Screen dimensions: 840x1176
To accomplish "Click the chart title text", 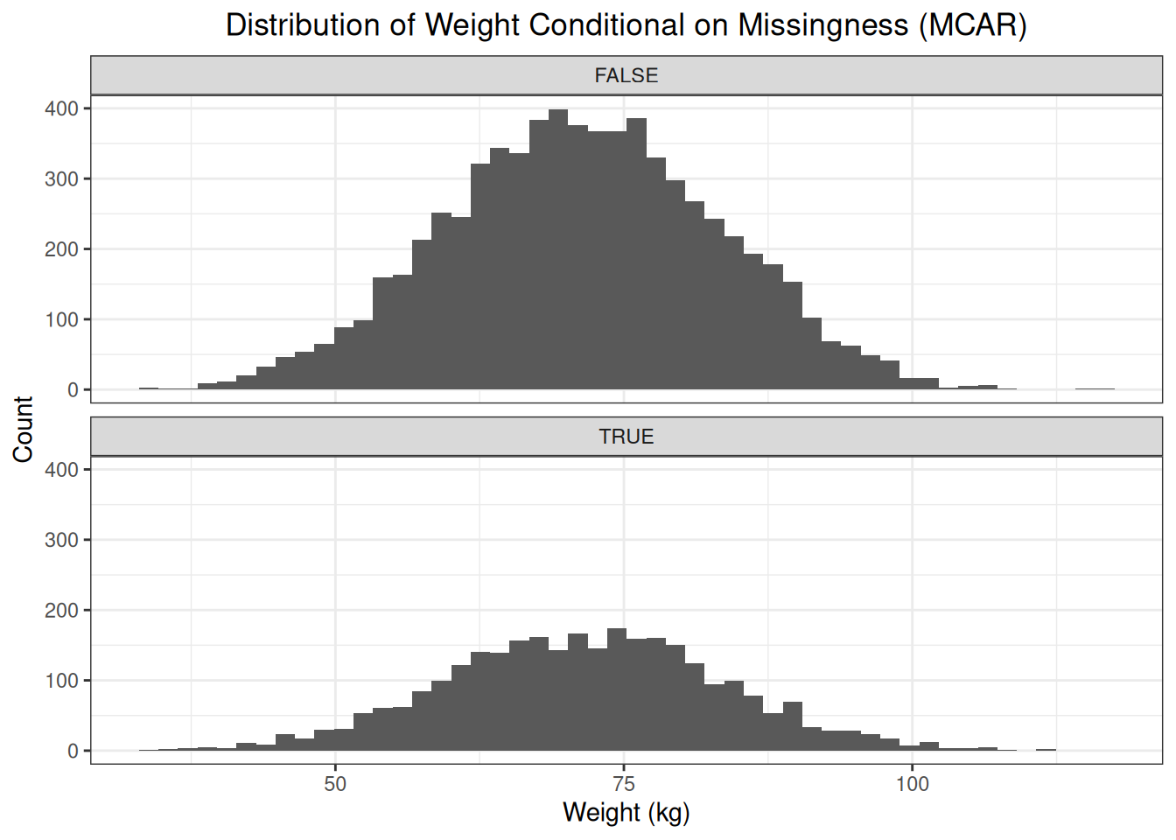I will coord(626,24).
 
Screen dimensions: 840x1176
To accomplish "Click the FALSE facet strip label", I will coord(626,75).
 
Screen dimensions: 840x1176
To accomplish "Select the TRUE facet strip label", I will coord(626,437).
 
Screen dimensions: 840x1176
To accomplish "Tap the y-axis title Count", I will coord(23,429).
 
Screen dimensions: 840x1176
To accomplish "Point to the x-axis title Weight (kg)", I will coord(626,812).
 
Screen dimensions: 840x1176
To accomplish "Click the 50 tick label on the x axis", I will coord(335,784).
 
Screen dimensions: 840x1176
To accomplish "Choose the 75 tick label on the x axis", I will coord(624,784).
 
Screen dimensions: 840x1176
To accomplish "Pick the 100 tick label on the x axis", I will coord(912,784).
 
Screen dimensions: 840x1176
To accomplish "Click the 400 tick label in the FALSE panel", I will coord(61,108).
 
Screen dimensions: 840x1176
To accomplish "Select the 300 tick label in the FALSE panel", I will coord(61,178).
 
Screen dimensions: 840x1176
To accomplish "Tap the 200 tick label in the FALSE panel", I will coord(61,249).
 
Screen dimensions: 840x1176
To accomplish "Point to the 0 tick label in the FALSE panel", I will coord(73,390).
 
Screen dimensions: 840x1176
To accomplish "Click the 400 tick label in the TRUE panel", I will coord(61,470).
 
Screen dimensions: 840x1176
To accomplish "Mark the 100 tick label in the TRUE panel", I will coord(61,681).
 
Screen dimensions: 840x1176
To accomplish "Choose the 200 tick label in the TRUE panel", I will coord(61,611).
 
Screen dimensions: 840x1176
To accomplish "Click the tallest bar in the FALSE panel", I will coord(558,254).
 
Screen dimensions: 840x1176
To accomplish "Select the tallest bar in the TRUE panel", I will coord(616,691).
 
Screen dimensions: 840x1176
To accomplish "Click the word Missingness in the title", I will coord(822,24).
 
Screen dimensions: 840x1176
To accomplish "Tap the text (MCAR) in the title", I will coord(972,24).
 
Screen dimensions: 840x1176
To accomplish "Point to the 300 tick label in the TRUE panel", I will coord(61,540).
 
